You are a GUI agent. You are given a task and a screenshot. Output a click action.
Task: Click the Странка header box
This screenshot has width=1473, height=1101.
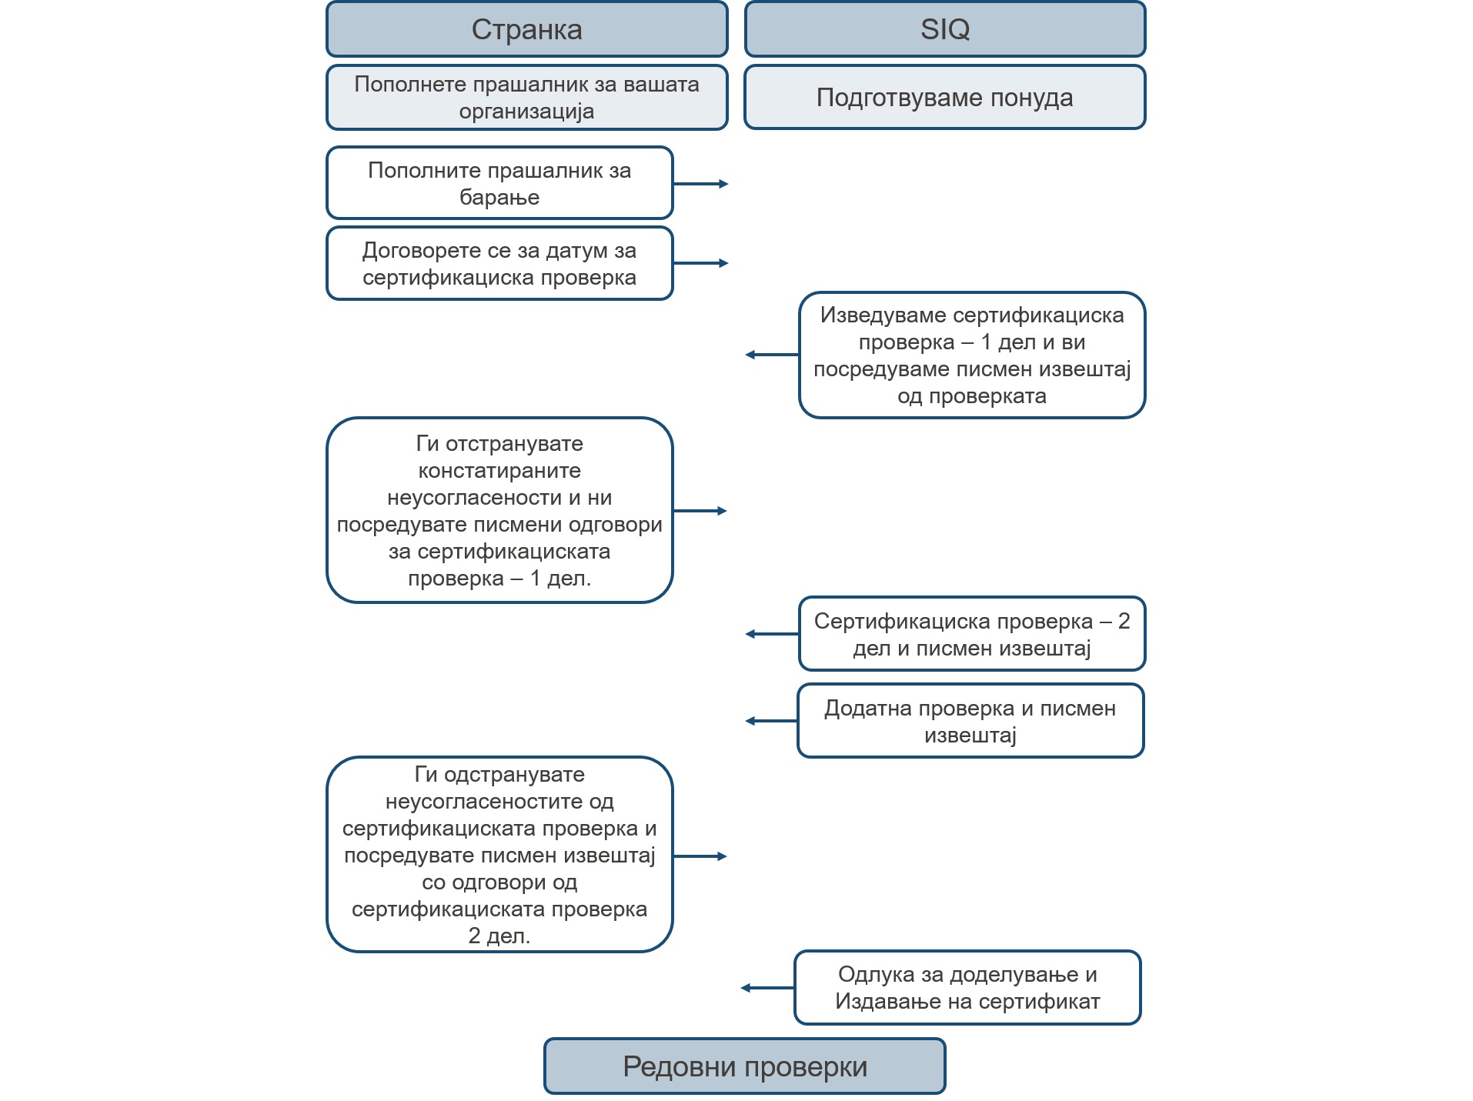(x=526, y=29)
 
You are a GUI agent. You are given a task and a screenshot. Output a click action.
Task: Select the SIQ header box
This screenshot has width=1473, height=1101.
(x=945, y=29)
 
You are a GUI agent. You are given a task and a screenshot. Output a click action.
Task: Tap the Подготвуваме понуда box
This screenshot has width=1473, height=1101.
(x=945, y=98)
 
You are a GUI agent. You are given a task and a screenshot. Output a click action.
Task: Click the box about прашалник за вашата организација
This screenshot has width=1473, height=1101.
(x=526, y=98)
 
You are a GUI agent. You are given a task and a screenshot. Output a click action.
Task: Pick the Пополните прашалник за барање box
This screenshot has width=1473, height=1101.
(x=499, y=183)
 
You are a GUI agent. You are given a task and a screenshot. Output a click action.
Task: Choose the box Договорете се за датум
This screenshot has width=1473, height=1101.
(x=499, y=263)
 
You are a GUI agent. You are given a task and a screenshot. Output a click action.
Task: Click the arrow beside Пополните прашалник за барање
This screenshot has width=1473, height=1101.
(x=701, y=184)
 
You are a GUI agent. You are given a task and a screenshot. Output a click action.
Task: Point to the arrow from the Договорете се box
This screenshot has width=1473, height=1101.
(x=701, y=263)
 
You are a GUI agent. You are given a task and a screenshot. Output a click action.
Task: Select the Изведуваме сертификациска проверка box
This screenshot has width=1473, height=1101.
(x=972, y=355)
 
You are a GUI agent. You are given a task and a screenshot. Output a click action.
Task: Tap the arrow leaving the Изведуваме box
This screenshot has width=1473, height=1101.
(x=772, y=355)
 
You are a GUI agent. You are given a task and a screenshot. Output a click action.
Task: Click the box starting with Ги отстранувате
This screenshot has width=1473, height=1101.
(x=499, y=510)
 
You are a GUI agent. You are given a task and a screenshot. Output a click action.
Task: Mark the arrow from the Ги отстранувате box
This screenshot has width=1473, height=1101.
(x=700, y=511)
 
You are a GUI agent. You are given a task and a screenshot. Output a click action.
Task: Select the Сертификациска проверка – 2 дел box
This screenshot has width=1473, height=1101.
(x=972, y=634)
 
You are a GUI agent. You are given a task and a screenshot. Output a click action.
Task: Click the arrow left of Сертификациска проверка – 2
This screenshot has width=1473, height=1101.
(x=772, y=634)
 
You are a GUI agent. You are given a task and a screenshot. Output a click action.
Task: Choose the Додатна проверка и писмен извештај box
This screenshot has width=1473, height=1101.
(x=970, y=721)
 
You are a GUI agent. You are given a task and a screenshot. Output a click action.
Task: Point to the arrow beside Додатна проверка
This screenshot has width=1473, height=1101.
(x=771, y=721)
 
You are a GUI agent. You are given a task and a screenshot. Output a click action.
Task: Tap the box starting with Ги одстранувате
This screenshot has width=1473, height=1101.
(x=499, y=855)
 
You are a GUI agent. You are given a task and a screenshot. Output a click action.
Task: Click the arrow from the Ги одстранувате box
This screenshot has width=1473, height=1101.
(x=700, y=856)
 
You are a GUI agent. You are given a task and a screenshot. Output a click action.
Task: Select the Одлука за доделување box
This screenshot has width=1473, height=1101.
(x=967, y=988)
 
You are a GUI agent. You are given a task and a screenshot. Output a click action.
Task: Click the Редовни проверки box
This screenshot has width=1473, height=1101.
(x=744, y=1066)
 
